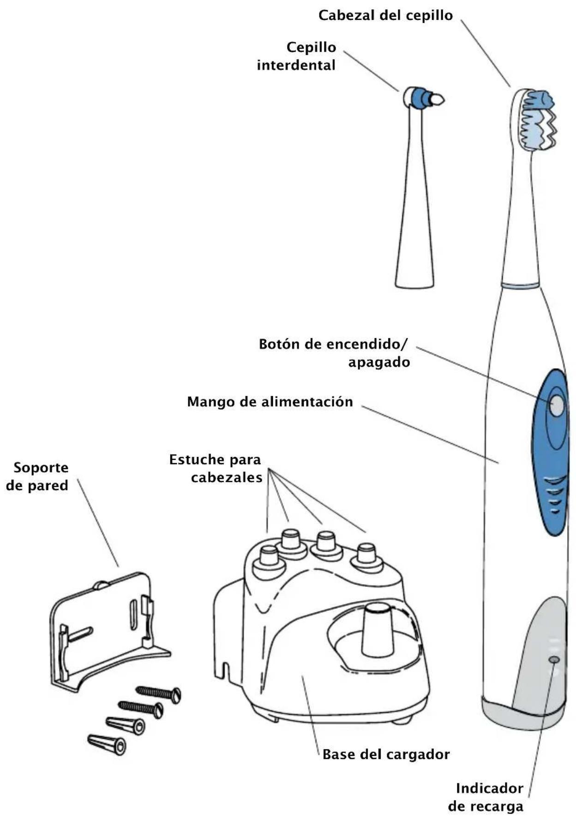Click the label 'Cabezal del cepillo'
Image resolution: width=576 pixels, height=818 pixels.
coord(385,16)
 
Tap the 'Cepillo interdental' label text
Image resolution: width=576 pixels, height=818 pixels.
coord(297,56)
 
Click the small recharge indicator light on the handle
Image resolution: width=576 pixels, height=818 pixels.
coord(554,660)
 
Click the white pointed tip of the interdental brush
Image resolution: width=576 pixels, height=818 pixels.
coord(437,99)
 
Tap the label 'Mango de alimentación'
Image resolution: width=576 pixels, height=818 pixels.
coord(270,402)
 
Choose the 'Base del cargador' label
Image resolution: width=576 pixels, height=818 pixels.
coord(386,755)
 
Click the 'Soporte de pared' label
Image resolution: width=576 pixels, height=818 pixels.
coord(38,477)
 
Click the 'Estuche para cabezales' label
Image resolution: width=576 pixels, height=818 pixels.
coord(216,468)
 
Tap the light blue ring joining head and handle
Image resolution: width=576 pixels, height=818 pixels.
coord(521,285)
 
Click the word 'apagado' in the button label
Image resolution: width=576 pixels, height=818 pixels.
coord(379,362)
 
